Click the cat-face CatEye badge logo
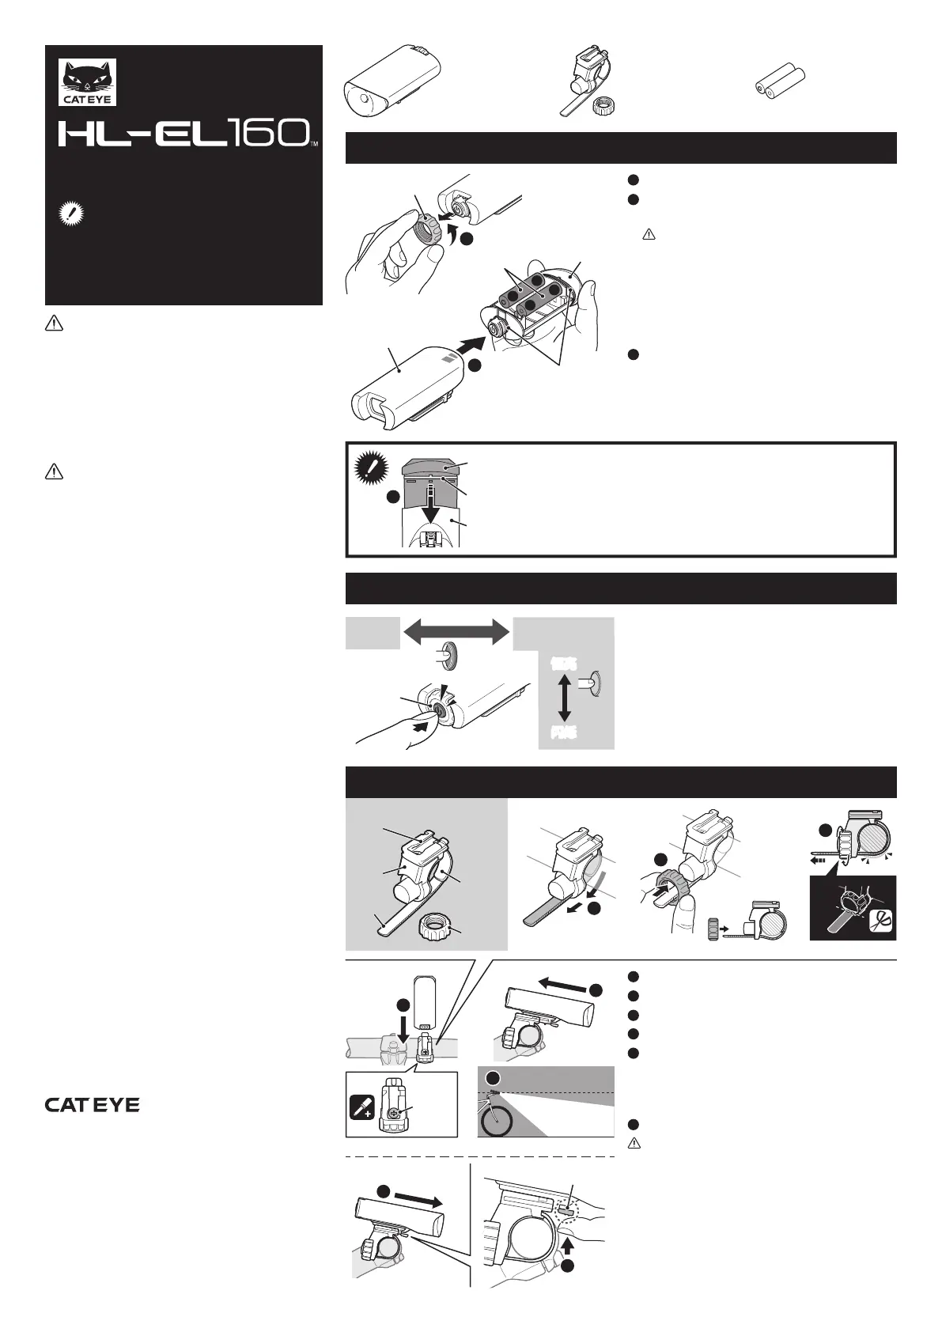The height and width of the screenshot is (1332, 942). click(x=88, y=82)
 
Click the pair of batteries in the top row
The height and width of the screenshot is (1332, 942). click(x=778, y=82)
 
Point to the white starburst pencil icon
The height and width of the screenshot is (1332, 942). click(x=70, y=214)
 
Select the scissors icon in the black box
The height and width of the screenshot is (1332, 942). click(x=880, y=921)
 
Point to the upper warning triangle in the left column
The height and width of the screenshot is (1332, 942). click(x=53, y=323)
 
